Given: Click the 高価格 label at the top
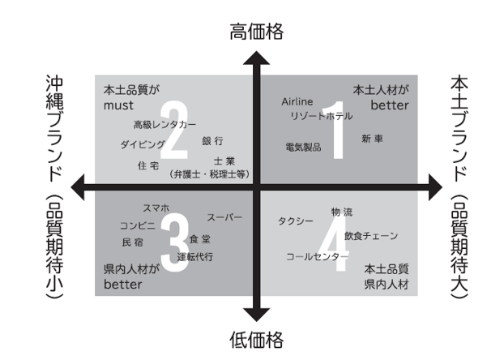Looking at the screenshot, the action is pyautogui.click(x=257, y=32).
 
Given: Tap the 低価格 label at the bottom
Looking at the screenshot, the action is pyautogui.click(x=257, y=340).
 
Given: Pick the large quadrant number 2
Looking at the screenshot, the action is pyautogui.click(x=174, y=130).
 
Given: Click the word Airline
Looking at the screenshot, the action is pyautogui.click(x=297, y=101).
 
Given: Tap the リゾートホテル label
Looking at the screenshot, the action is pyautogui.click(x=322, y=116).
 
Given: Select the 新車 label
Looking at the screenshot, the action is pyautogui.click(x=372, y=139).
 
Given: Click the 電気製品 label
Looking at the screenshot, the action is pyautogui.click(x=303, y=147).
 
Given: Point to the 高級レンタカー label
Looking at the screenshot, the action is pyautogui.click(x=165, y=125).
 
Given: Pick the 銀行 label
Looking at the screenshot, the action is pyautogui.click(x=212, y=141).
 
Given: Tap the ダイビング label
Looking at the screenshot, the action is pyautogui.click(x=143, y=144).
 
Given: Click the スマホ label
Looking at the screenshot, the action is pyautogui.click(x=156, y=208).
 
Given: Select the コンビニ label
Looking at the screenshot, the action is pyautogui.click(x=138, y=225).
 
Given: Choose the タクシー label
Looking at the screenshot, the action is pyautogui.click(x=296, y=221).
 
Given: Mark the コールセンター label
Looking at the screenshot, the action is pyautogui.click(x=317, y=257).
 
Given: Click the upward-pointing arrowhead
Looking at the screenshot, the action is pyautogui.click(x=257, y=58).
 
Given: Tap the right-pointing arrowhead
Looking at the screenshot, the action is pyautogui.click(x=435, y=187).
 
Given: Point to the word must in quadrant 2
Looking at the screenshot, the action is pyautogui.click(x=118, y=105).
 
